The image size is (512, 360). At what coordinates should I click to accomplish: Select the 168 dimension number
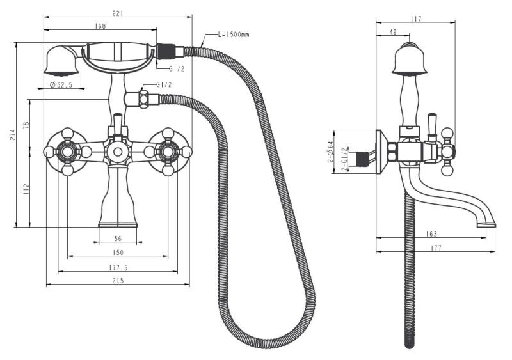click(x=100, y=26)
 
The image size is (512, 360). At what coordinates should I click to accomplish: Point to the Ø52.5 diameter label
click(x=60, y=85)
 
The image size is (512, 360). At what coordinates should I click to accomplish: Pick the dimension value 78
click(x=26, y=125)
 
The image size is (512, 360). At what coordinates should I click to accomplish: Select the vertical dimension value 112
click(x=26, y=189)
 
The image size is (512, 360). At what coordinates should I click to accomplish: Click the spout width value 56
click(x=118, y=239)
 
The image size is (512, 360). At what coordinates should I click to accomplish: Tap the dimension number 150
click(x=118, y=253)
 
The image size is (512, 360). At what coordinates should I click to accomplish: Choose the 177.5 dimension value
click(x=118, y=267)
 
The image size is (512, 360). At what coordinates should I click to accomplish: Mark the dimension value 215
click(x=118, y=281)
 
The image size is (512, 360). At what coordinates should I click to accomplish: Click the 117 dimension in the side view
click(x=416, y=19)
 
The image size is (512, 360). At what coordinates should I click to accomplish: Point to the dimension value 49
click(x=393, y=31)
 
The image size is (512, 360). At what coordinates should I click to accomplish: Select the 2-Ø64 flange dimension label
click(x=331, y=152)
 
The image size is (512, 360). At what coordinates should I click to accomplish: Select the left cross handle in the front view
click(x=67, y=152)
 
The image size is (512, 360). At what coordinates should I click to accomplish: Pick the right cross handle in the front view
click(x=168, y=152)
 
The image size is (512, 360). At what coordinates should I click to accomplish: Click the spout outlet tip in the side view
click(x=488, y=223)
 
